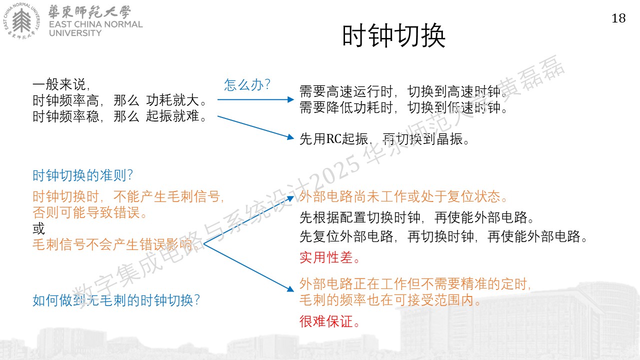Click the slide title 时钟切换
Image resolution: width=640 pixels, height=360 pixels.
point(393,35)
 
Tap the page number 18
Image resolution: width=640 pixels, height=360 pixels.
point(618,18)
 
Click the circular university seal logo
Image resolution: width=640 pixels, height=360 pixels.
point(21,20)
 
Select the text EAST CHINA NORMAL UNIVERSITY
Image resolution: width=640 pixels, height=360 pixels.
point(95,28)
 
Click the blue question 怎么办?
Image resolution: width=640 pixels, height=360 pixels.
point(247,85)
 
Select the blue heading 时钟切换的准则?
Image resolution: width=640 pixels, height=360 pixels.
point(82,175)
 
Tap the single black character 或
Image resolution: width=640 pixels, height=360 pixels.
point(39,228)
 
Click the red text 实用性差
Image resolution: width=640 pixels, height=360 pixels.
point(329,257)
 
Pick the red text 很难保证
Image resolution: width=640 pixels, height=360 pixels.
point(329,321)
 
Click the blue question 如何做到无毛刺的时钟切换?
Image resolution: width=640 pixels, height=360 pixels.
point(116,300)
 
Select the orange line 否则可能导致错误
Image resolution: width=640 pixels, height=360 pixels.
point(89,212)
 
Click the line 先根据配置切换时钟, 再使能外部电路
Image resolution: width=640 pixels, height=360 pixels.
point(416,217)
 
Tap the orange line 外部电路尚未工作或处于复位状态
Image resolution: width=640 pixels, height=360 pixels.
point(403,196)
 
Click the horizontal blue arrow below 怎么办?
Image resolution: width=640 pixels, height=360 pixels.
point(255,99)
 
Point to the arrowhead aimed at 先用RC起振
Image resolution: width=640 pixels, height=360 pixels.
point(290,137)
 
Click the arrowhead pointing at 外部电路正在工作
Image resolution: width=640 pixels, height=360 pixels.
point(290,289)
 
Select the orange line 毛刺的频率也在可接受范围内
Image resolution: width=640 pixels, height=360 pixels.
point(390,300)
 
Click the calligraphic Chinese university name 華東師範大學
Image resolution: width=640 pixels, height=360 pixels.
point(89,11)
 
